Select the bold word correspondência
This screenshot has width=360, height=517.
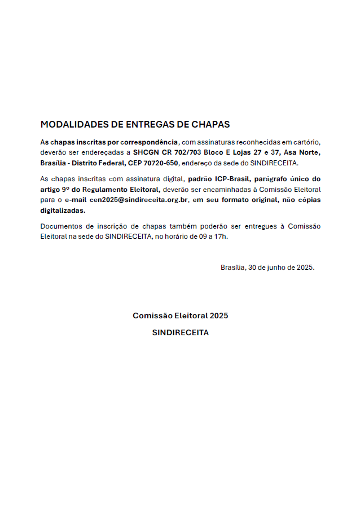[x=150, y=142]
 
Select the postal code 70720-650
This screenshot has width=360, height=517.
[x=161, y=163]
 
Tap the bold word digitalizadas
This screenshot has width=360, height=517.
[x=63, y=211]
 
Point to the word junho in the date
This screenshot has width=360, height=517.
[x=271, y=268]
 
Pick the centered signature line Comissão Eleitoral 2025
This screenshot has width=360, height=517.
[x=180, y=316]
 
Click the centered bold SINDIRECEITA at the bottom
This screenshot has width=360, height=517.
[x=180, y=332]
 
